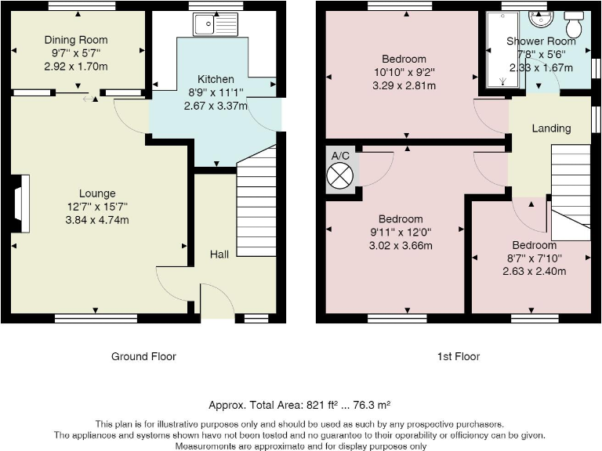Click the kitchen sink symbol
(x=216, y=24)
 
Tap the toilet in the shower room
(x=574, y=23)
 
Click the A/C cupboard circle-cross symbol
(x=339, y=175)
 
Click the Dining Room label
(x=76, y=40)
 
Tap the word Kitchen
(x=216, y=79)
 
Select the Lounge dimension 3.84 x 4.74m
(x=97, y=220)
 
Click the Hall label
(x=219, y=254)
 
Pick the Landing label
(x=551, y=128)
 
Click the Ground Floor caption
(x=143, y=357)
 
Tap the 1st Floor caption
(x=459, y=357)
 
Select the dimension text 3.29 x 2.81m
(x=404, y=85)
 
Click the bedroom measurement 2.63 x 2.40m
(x=534, y=272)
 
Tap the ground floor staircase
(x=256, y=200)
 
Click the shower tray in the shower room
(x=503, y=49)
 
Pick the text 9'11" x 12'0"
(x=401, y=233)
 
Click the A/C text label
(x=340, y=156)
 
